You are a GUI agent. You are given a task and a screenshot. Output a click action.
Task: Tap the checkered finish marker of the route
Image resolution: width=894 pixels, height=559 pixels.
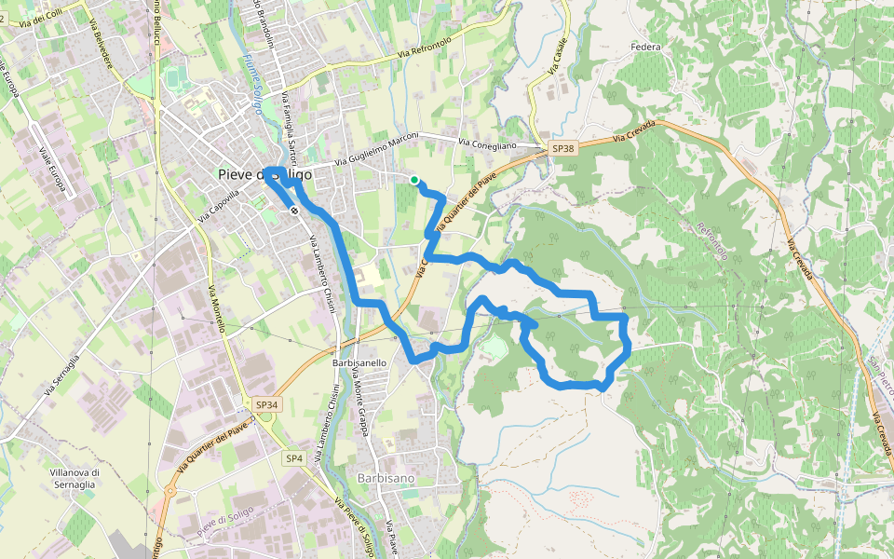[x=294, y=211]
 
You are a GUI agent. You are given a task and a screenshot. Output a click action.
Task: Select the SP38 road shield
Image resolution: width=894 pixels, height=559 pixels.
[x=562, y=149]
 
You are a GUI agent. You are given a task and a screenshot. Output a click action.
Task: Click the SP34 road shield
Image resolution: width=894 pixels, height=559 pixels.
[x=267, y=404]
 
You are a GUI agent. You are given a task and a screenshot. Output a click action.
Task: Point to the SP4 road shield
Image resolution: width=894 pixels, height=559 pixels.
[x=295, y=458]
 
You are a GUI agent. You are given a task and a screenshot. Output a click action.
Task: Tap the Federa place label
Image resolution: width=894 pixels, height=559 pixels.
[x=645, y=47]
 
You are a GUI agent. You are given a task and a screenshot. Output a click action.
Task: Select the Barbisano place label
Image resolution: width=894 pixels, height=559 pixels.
[x=386, y=478]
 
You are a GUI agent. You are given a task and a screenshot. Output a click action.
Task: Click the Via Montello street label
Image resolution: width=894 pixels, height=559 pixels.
[x=217, y=309]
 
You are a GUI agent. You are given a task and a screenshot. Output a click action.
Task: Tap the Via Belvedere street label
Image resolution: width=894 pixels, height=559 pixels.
[x=102, y=42]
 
